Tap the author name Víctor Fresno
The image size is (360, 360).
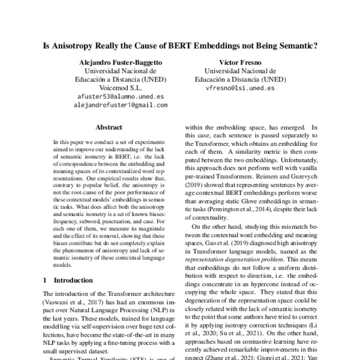click(x=236, y=62)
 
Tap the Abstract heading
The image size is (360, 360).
click(x=109, y=127)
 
